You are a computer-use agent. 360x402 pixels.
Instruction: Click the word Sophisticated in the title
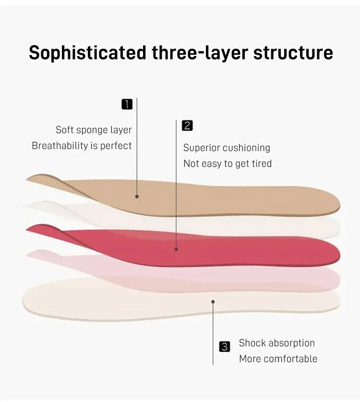pos(87,53)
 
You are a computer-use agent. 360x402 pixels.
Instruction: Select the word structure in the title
pos(293,53)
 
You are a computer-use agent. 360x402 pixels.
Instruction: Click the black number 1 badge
pos(127,105)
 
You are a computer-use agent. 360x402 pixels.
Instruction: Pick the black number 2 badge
pos(187,126)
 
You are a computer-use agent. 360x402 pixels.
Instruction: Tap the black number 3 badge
pos(225,347)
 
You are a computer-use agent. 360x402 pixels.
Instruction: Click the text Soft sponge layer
pos(94,130)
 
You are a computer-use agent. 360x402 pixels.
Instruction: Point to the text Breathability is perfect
pos(82,146)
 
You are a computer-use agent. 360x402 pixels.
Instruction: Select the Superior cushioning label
pos(227,148)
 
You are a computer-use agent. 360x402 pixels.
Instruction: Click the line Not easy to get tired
pos(228,164)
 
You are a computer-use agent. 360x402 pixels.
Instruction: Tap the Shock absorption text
pos(277,343)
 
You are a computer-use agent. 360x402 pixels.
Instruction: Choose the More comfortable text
pos(278,359)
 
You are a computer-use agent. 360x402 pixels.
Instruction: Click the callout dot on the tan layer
pos(137,196)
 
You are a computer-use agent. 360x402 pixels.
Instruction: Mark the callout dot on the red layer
pos(176,249)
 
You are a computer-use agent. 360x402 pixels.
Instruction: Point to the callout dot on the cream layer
pos(213,302)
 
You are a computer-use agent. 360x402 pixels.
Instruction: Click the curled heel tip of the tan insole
pos(28,180)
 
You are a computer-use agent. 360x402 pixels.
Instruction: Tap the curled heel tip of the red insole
pos(28,230)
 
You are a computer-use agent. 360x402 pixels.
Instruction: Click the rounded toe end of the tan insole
pos(339,204)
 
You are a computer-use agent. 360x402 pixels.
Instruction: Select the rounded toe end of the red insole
pos(339,254)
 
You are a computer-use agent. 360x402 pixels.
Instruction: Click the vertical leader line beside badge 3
pos(213,333)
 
